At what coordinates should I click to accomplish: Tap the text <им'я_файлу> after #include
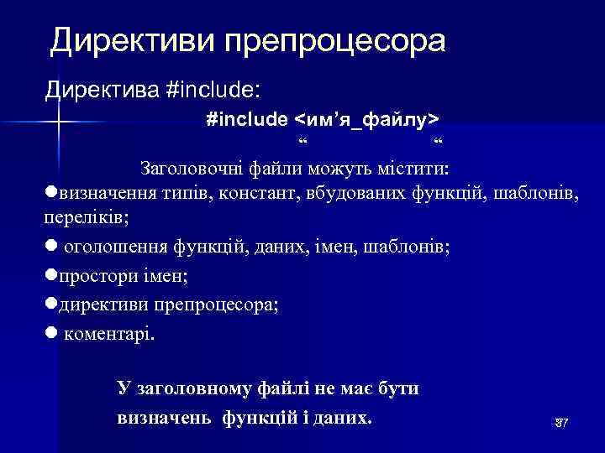[x=369, y=120]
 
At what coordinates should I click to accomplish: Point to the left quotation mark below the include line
[x=302, y=141]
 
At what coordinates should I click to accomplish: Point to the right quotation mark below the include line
[x=436, y=141]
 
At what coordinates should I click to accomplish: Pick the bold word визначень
[x=166, y=417]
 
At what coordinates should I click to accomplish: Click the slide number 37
[x=561, y=423]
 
